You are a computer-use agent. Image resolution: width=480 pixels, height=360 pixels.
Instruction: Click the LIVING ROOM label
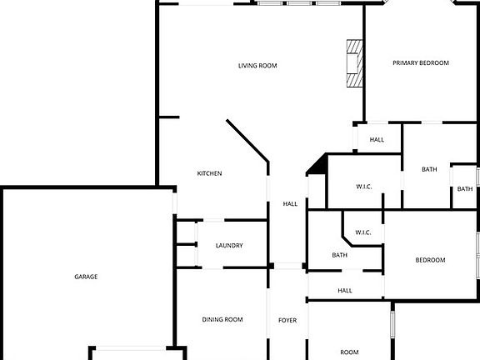tap(257, 66)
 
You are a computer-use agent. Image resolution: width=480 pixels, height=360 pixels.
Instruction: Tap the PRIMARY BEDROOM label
tap(421, 62)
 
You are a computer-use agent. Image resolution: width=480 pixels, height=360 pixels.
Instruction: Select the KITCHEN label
tap(209, 173)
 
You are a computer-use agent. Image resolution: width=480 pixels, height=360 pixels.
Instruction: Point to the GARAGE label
tap(86, 277)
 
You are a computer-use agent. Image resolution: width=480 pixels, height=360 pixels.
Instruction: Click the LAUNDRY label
tap(229, 246)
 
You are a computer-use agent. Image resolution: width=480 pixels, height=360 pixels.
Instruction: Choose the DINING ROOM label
tap(222, 320)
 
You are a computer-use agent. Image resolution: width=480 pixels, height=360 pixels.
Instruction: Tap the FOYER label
tap(287, 320)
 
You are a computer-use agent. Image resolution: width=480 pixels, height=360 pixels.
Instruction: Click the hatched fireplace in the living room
tap(354, 63)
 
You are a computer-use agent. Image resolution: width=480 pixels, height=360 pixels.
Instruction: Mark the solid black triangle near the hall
tap(318, 165)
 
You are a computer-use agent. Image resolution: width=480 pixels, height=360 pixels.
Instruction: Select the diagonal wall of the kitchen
tap(247, 141)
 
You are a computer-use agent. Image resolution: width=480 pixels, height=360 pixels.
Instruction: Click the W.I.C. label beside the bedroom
tap(363, 232)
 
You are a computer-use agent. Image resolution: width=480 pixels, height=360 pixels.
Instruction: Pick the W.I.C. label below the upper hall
tap(364, 187)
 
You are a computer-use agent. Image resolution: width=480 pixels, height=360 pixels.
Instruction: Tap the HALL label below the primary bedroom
tap(377, 140)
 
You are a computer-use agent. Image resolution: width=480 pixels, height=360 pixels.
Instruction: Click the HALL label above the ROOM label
tap(345, 291)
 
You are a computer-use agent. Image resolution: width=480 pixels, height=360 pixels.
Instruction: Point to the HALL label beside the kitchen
tap(290, 204)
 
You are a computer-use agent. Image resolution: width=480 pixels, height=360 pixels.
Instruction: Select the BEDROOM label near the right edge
tap(430, 260)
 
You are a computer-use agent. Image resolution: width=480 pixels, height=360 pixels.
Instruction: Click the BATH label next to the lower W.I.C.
tap(339, 255)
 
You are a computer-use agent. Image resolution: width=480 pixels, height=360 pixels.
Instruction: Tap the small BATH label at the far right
tap(465, 189)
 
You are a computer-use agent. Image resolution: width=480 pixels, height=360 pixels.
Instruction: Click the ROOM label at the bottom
tap(349, 352)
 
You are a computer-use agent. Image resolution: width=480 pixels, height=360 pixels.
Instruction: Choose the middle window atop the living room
tap(299, 3)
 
